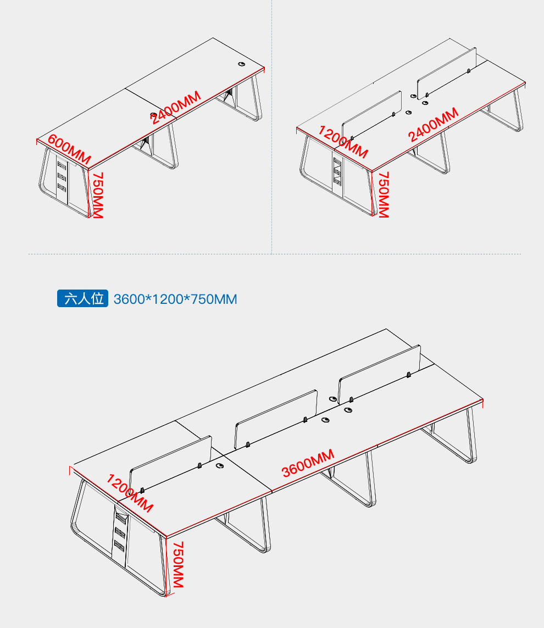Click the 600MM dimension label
click(x=69, y=149)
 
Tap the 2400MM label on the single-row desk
click(x=176, y=107)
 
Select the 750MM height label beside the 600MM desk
click(x=98, y=195)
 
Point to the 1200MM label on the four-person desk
click(x=343, y=142)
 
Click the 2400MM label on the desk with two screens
click(x=433, y=124)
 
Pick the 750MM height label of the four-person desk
click(x=384, y=194)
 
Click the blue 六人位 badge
click(x=82, y=298)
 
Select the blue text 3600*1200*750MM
click(x=175, y=299)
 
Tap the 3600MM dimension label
click(x=308, y=463)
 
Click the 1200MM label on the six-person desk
click(x=129, y=493)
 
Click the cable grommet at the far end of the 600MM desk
click(x=242, y=64)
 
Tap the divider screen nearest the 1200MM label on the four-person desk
click(x=371, y=115)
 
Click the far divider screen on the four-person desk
click(x=447, y=74)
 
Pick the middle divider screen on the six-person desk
click(x=276, y=419)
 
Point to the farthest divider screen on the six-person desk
click(x=379, y=374)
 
